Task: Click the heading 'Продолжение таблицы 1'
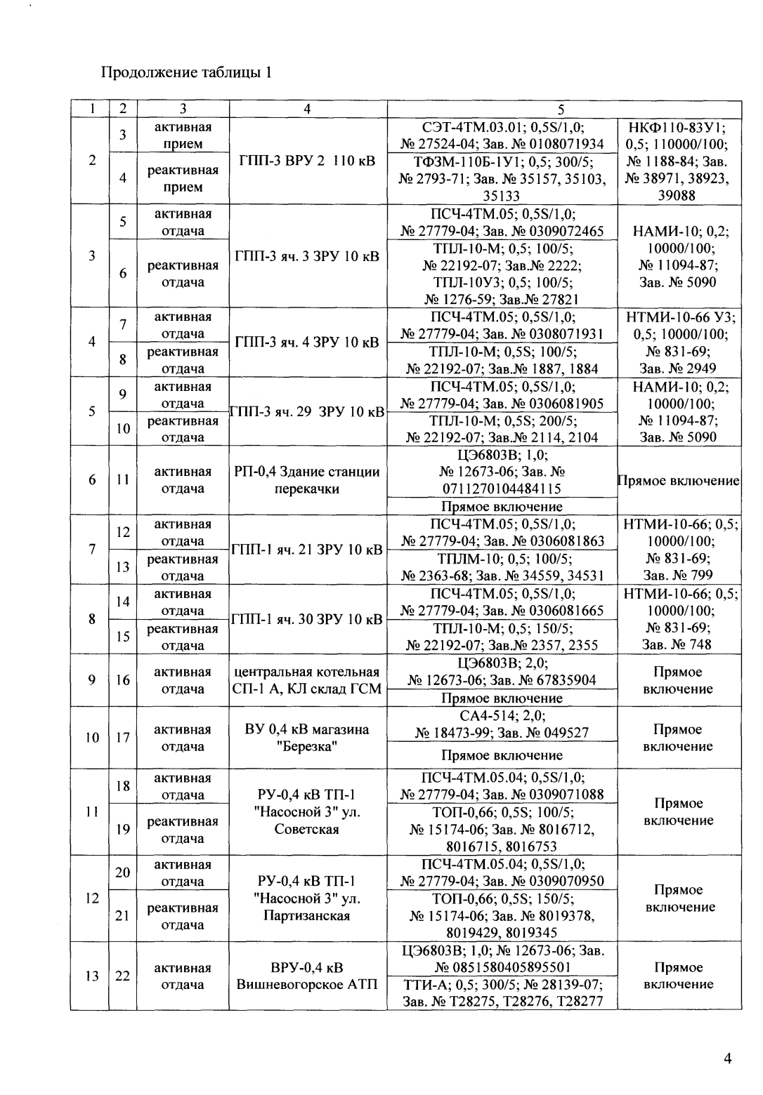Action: click(186, 72)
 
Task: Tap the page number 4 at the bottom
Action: click(728, 1059)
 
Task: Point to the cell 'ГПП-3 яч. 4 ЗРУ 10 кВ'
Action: click(308, 343)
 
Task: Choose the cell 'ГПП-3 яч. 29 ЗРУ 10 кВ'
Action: click(308, 411)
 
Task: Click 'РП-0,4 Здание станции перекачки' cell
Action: click(308, 480)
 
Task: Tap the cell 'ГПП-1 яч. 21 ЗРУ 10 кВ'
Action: click(308, 550)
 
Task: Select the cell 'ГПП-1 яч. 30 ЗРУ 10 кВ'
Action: click(308, 619)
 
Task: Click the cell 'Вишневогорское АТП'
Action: click(308, 984)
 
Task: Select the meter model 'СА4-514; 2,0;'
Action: click(502, 715)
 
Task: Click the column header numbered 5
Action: click(561, 109)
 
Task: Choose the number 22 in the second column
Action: click(122, 976)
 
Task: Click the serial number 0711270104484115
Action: click(501, 489)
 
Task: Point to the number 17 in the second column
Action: click(122, 738)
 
